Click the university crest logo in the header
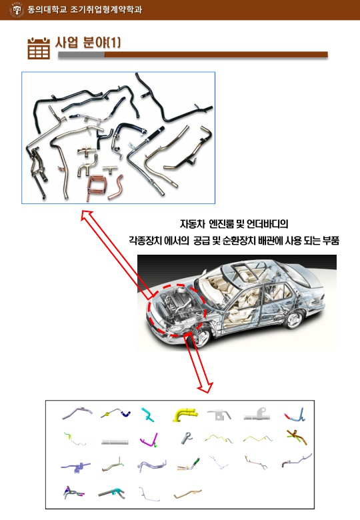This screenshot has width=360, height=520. coord(17,9)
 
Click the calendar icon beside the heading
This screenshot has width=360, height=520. coord(39,49)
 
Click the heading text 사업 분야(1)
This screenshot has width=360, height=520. coord(88,43)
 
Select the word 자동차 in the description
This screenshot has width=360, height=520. coord(192,224)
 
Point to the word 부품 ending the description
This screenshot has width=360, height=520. coord(331,241)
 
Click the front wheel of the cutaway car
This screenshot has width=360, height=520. coord(201,337)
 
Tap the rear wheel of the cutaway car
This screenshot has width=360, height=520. coord(293,319)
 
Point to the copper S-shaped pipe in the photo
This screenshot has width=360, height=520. coord(117,187)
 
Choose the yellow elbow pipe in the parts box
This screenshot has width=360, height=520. coord(185,415)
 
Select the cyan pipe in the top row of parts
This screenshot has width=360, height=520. coord(147,415)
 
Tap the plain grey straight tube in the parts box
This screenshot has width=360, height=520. coord(115,442)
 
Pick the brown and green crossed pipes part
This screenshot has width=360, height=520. coord(297,437)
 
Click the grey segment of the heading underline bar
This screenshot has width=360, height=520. coord(81,55)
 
